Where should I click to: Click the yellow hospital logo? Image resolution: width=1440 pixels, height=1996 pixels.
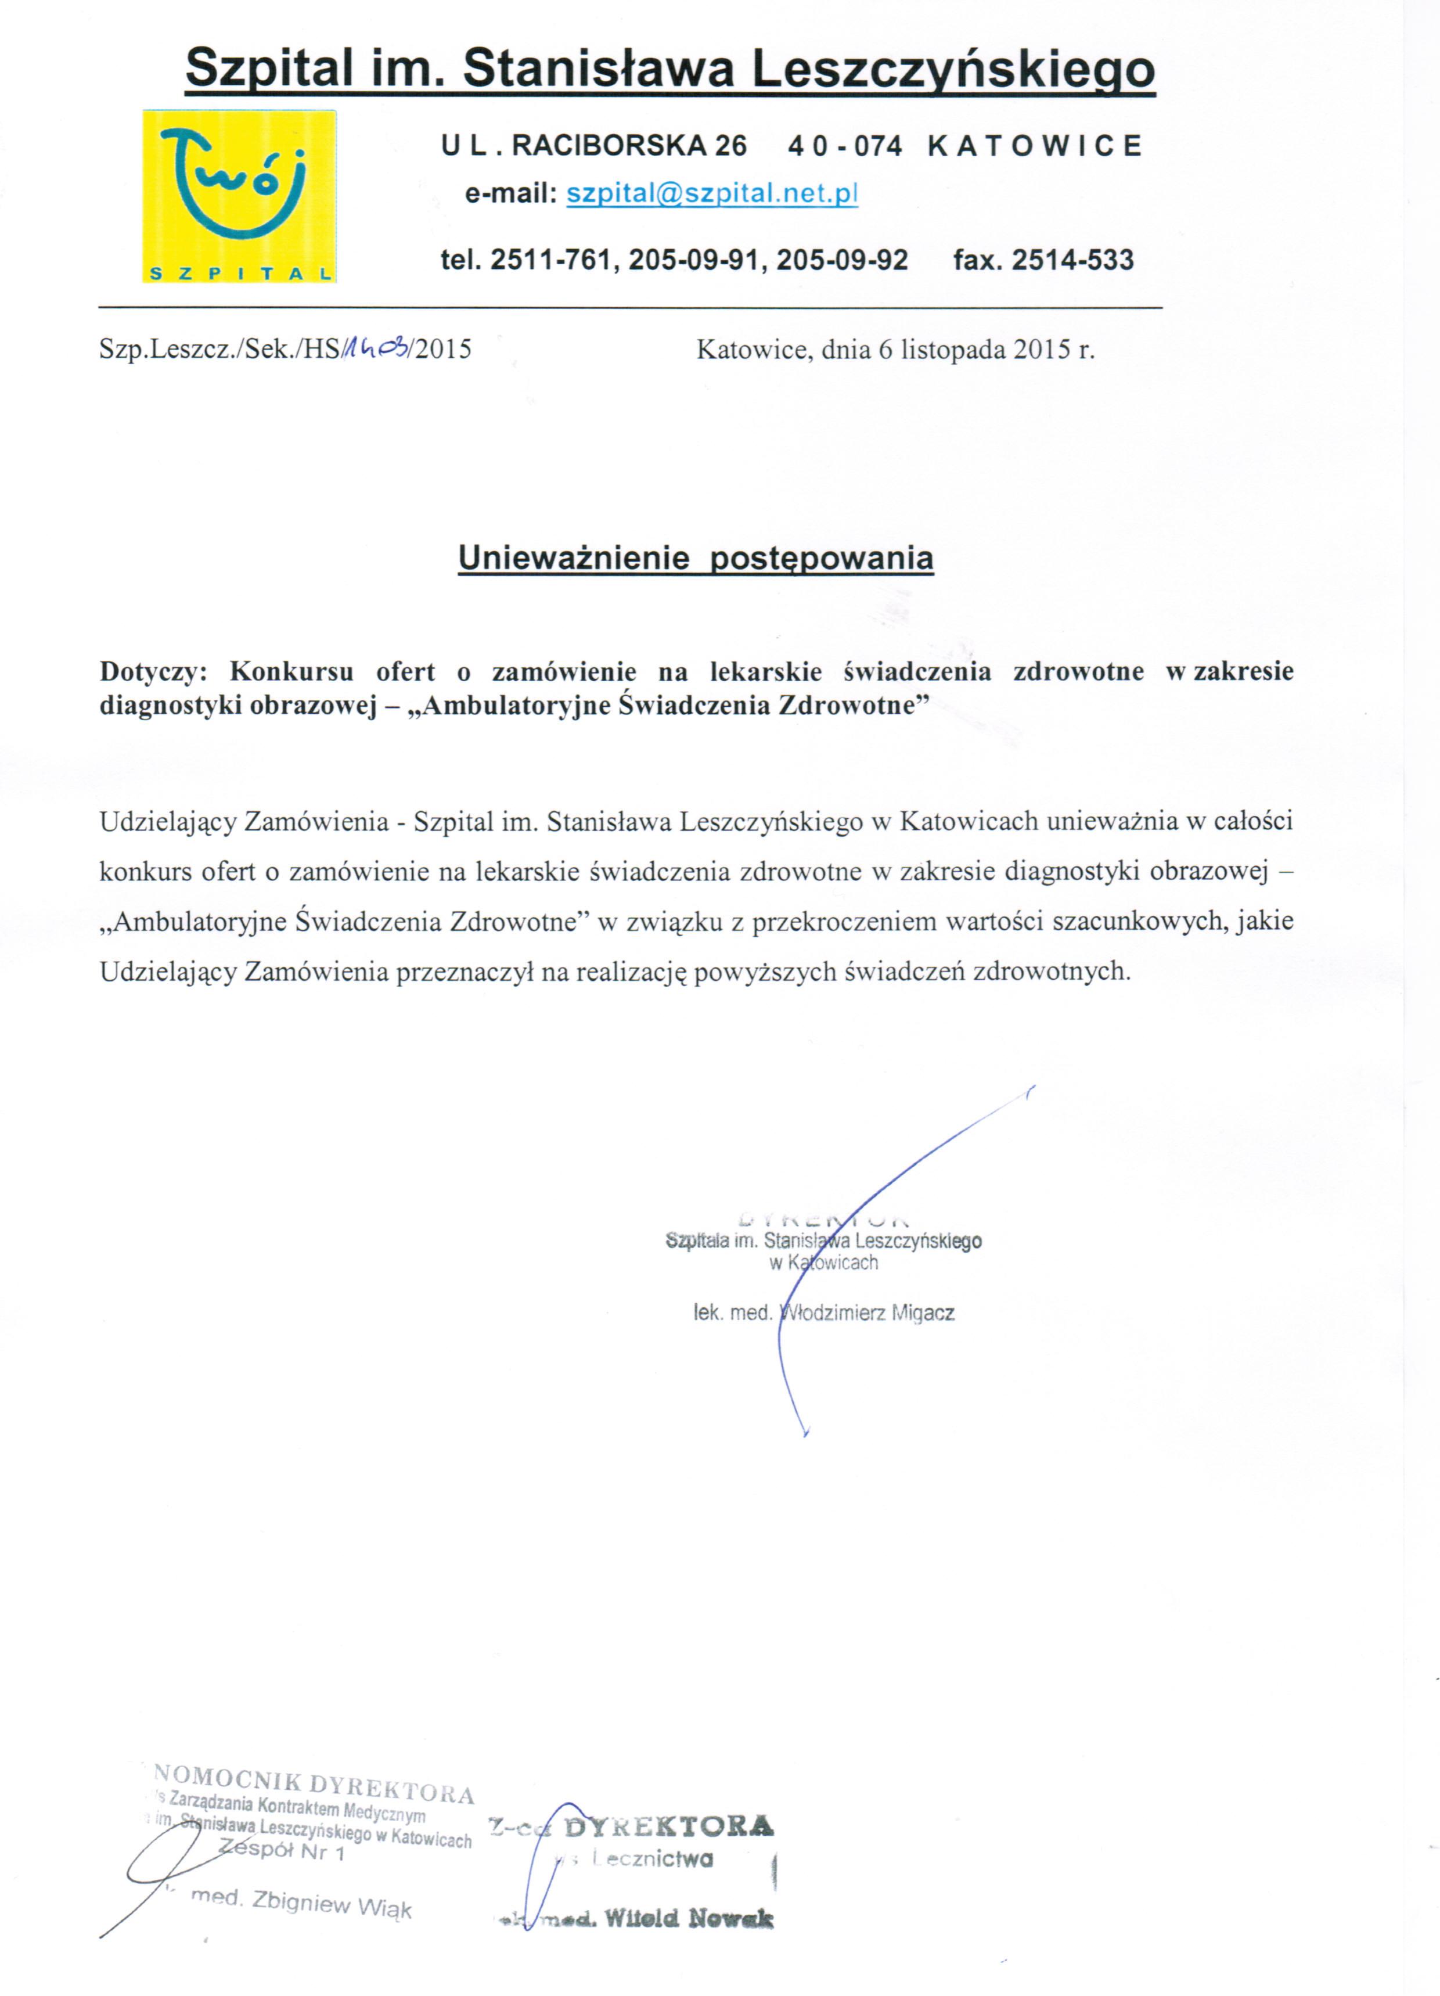[239, 195]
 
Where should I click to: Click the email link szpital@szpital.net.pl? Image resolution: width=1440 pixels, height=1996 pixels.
[711, 193]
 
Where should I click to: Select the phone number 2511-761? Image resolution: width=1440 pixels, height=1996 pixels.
[550, 260]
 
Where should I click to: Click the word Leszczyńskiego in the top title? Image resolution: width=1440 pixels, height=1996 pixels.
[950, 68]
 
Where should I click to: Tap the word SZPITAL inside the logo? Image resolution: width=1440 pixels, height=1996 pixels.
[239, 274]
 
